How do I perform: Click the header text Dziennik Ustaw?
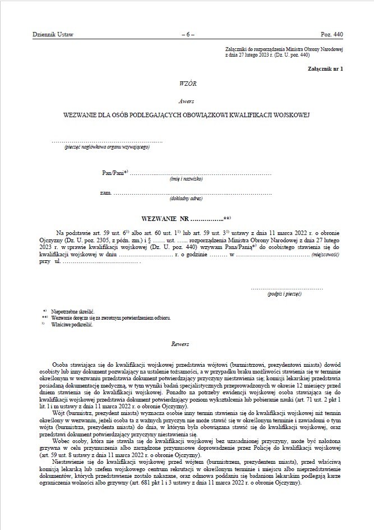coord(53,35)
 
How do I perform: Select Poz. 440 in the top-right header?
coord(331,35)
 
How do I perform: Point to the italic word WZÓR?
coord(188,83)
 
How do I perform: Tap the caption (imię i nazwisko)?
coord(186,179)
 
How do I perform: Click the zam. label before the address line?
coord(105,193)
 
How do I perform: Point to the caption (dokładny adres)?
coord(186,199)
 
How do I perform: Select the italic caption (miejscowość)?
coord(326,254)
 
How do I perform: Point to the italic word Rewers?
coord(180,343)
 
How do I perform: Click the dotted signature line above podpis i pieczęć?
coord(287,288)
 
